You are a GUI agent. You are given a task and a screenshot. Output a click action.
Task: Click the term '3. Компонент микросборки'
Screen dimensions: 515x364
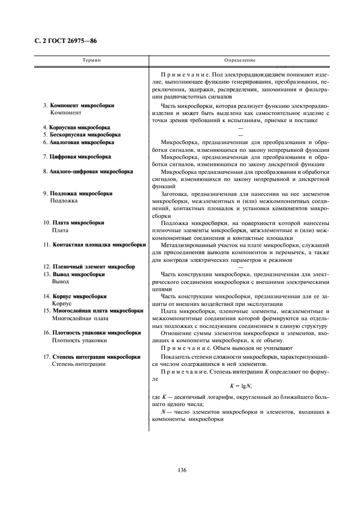point(78,105)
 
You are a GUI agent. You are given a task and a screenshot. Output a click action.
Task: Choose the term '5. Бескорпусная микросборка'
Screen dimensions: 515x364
point(81,134)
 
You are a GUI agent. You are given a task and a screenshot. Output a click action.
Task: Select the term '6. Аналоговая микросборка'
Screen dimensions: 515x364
point(78,142)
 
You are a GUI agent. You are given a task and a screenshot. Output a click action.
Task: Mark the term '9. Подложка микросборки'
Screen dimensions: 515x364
point(78,194)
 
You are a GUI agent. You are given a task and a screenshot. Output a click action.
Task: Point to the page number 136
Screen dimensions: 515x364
point(182,470)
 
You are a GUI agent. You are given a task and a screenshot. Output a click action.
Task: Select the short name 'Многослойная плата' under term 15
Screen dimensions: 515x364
point(80,318)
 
